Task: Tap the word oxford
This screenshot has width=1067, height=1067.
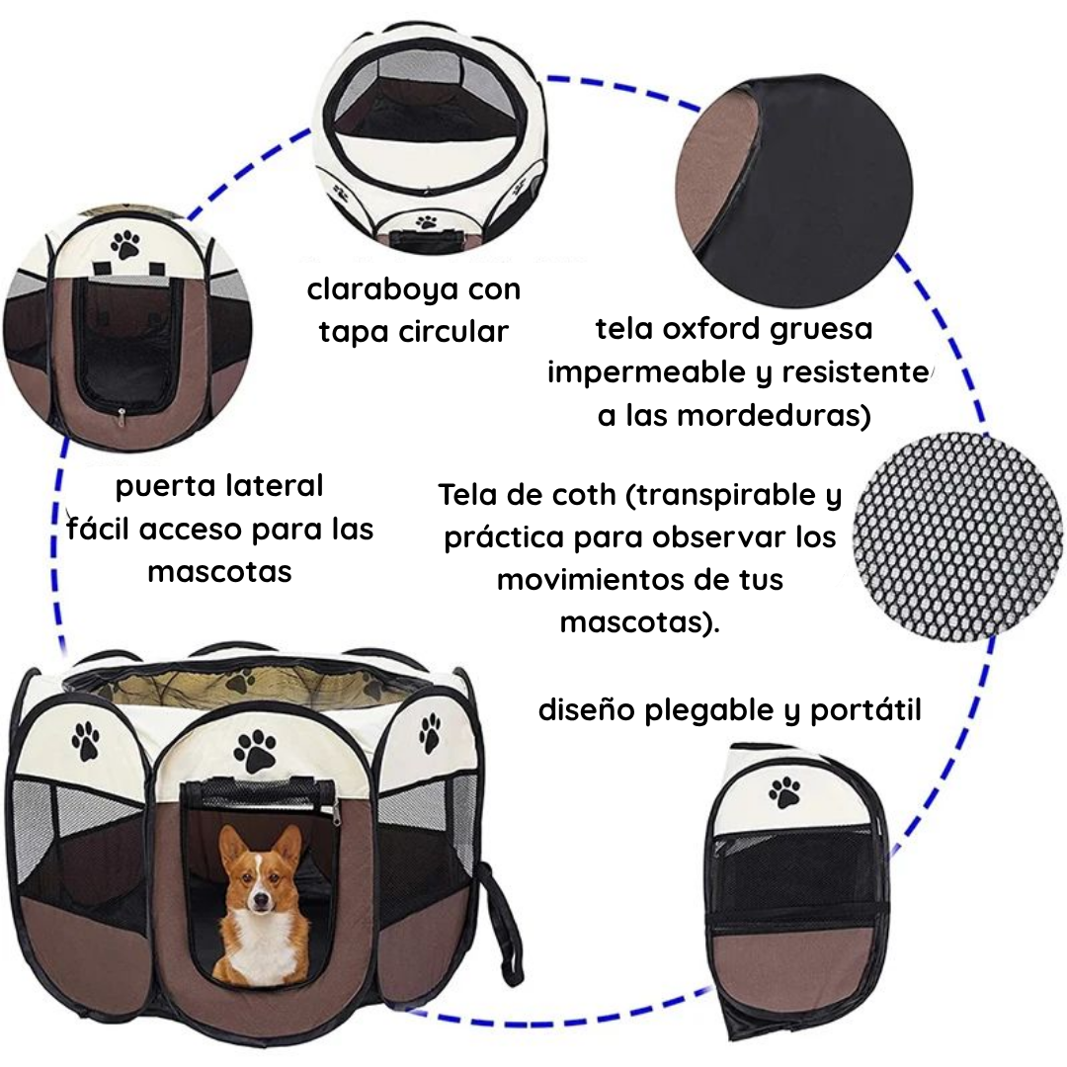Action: (x=716, y=328)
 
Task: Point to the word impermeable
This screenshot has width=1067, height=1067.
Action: (x=645, y=373)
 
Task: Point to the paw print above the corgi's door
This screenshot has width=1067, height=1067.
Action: (x=256, y=752)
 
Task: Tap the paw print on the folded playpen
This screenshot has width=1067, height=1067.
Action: (x=785, y=790)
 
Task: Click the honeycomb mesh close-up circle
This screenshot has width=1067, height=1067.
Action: (x=956, y=535)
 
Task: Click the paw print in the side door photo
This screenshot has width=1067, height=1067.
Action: (x=125, y=243)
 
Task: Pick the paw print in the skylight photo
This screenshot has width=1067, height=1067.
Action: (x=426, y=222)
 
